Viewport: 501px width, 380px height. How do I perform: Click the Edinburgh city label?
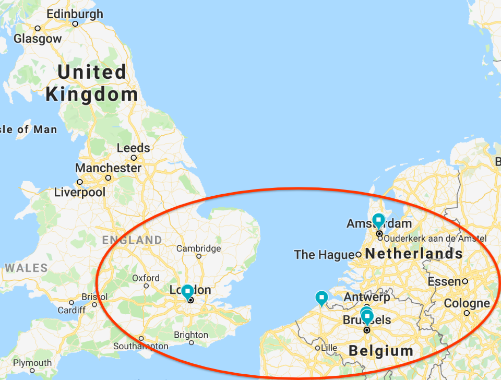click(x=75, y=14)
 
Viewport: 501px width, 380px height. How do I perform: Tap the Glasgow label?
click(x=38, y=39)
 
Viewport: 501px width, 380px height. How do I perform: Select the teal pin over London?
click(x=187, y=291)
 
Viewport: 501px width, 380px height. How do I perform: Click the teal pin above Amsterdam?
click(x=378, y=220)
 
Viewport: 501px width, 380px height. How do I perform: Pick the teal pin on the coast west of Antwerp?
click(x=322, y=298)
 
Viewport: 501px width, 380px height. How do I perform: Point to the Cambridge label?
click(x=198, y=248)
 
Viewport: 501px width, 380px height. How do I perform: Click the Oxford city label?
click(x=146, y=278)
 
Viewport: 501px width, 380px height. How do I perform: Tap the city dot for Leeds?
click(x=134, y=158)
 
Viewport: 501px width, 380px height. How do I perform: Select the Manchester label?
click(x=108, y=168)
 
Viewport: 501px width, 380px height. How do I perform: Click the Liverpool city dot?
click(x=80, y=182)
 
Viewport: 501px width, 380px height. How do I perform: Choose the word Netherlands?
click(x=414, y=254)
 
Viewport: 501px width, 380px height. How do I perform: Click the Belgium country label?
click(x=380, y=350)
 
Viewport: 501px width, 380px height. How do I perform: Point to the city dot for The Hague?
click(x=359, y=255)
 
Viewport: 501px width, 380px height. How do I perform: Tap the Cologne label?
click(x=467, y=303)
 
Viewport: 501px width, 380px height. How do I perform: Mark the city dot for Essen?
click(x=465, y=281)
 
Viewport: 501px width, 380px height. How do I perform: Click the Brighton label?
click(x=192, y=335)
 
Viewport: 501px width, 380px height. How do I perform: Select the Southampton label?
click(x=140, y=346)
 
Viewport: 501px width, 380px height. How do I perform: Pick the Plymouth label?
click(x=32, y=363)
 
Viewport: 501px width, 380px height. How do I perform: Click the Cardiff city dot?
click(x=71, y=303)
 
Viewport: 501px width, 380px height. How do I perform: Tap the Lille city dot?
click(x=317, y=348)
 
